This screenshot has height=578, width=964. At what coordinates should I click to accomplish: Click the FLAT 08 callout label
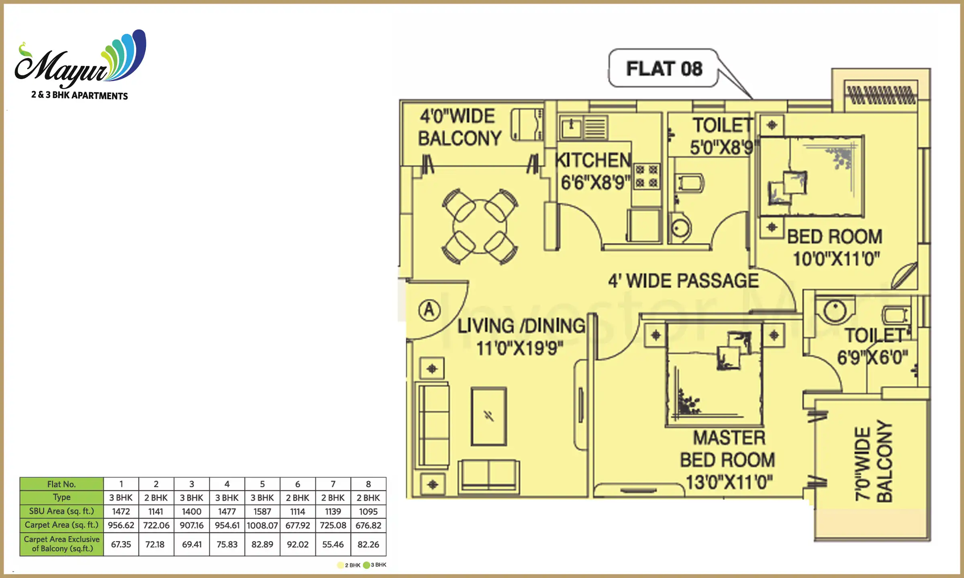[664, 69]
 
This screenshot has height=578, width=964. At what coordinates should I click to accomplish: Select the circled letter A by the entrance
[429, 310]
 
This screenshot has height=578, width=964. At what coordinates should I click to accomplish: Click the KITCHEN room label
[593, 160]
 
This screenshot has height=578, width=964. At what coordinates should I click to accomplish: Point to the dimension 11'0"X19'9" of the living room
[520, 348]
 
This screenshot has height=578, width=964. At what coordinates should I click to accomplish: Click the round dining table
[479, 227]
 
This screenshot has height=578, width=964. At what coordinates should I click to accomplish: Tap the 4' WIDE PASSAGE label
[683, 281]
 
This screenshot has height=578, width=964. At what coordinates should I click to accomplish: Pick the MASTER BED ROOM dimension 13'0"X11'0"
[729, 482]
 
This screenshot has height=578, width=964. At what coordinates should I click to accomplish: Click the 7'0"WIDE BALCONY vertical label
[874, 462]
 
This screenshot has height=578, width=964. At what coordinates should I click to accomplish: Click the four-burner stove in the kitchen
[646, 176]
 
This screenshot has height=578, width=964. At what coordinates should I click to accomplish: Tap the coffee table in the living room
[489, 416]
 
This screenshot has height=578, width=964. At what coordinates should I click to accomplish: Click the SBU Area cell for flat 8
[368, 511]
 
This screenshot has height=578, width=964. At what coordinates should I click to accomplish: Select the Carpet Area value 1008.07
[262, 525]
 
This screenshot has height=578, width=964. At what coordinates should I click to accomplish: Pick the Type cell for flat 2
[156, 498]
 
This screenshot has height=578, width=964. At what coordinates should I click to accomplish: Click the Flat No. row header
[61, 484]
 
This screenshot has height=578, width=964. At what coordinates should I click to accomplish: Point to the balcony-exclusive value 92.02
[298, 544]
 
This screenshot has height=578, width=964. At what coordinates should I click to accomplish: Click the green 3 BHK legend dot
[366, 565]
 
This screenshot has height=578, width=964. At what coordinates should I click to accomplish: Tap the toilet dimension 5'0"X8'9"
[721, 148]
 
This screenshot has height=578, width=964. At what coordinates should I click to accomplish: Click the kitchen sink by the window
[571, 127]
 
